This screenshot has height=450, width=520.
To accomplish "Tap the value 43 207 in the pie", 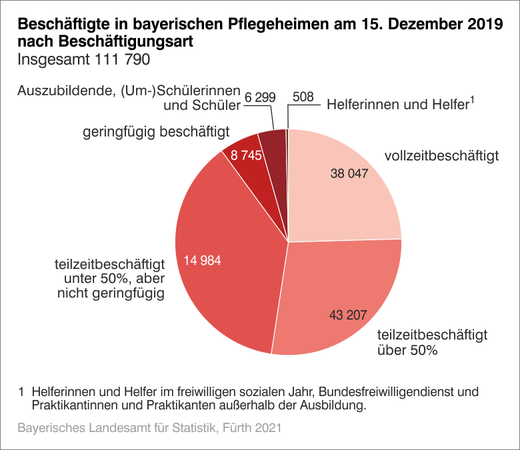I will click(348, 314).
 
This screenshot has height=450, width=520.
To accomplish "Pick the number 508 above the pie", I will click(303, 98).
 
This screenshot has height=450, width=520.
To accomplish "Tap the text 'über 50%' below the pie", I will click(407, 349).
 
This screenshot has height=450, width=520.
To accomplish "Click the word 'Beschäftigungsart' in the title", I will click(125, 42).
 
